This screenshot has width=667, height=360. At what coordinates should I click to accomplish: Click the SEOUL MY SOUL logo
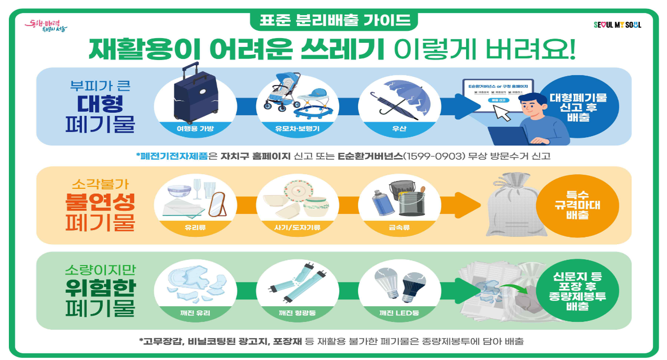pyautogui.click(x=617, y=25)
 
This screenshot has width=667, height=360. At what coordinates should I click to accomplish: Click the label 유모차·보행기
pyautogui.click(x=296, y=128)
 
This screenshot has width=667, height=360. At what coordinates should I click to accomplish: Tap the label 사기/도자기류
pyautogui.click(x=296, y=227)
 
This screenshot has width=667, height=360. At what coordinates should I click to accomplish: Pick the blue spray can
pyautogui.click(x=379, y=204)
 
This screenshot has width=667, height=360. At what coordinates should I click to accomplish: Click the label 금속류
pyautogui.click(x=399, y=227)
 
